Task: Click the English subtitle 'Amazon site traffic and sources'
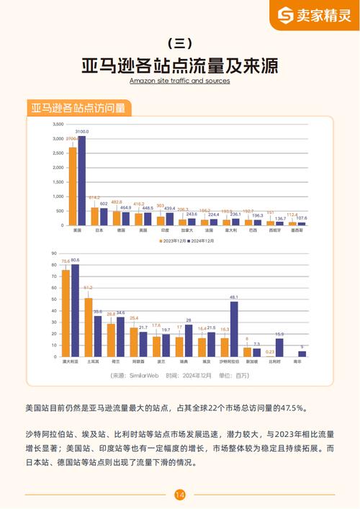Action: click(x=179, y=81)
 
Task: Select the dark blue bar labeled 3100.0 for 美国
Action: click(x=81, y=181)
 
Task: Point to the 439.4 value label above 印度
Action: click(x=170, y=208)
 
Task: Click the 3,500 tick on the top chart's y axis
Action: click(x=58, y=125)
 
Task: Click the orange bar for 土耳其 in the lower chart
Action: click(x=88, y=324)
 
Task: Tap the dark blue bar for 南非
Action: click(x=302, y=353)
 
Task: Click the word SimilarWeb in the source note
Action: click(x=143, y=375)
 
